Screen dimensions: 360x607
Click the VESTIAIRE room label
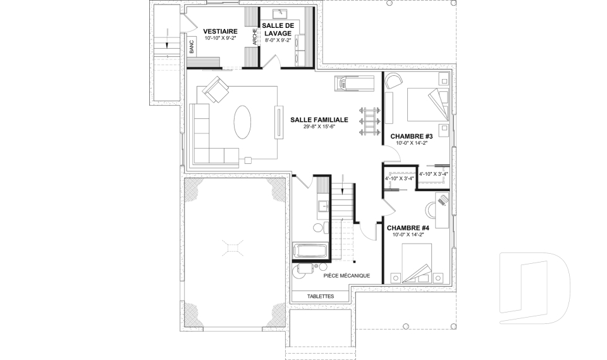pos(220,31)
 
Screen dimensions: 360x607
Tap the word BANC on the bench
pos(191,46)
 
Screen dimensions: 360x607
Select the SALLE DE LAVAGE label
pos(278,28)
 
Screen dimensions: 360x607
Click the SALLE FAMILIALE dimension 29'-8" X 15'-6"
pos(319,127)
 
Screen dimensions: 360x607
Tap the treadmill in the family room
pos(355,81)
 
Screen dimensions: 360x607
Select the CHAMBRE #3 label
pos(411,136)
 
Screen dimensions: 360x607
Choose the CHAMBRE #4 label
pos(408,228)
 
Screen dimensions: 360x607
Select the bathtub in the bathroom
pos(310,251)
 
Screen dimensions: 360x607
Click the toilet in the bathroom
pos(318,227)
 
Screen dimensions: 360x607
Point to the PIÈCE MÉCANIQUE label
pos(346,276)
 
